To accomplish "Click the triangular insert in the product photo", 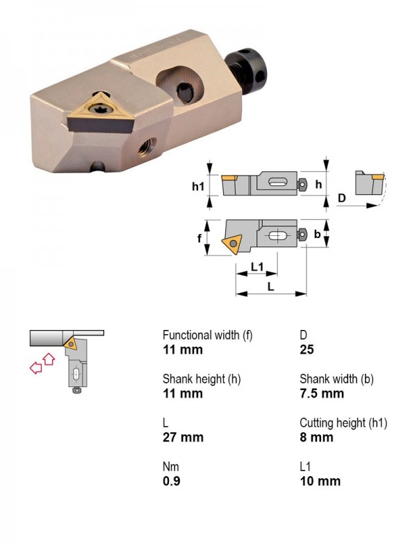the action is (x=100, y=113).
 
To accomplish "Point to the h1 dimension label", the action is (x=198, y=187).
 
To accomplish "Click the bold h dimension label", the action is (x=318, y=184).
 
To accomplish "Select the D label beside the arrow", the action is (x=341, y=198).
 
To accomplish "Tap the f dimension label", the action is (x=199, y=238).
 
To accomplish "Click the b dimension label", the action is (x=317, y=235).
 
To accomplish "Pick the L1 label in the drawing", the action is (x=257, y=267).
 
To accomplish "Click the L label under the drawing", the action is (x=271, y=286).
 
